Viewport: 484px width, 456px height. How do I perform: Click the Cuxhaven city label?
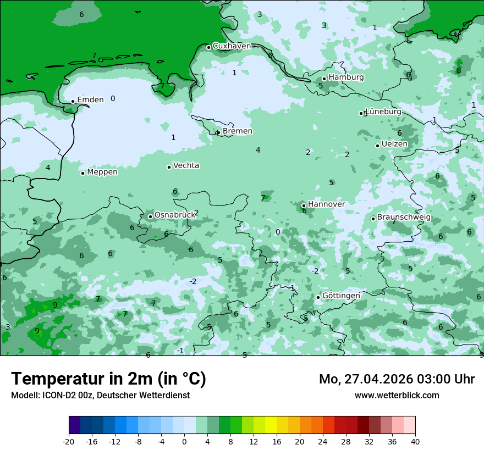232,46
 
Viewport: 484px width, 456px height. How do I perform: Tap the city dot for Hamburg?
324,79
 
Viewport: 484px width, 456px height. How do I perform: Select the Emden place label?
90,99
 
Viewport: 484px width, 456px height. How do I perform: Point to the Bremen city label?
238,131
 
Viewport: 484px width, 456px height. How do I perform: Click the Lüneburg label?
383,112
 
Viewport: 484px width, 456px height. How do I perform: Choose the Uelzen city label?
394,144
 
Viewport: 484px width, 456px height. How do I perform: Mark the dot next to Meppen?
82,173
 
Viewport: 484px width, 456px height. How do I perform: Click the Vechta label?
186,165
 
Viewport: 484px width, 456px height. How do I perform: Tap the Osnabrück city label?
174,215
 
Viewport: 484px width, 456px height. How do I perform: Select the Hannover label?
326,204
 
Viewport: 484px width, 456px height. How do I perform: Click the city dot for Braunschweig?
373,219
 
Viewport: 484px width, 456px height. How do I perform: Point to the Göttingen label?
341,296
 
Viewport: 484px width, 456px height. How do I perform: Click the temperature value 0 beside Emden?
113,99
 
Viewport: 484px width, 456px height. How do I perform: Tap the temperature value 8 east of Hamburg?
459,70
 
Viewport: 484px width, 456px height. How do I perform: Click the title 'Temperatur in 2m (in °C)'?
108,379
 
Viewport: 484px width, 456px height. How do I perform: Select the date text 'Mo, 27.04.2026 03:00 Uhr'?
397,379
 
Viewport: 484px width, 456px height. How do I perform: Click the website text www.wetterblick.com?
397,395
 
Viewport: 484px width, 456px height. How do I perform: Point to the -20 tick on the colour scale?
69,441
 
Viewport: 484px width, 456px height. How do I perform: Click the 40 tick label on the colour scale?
415,441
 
